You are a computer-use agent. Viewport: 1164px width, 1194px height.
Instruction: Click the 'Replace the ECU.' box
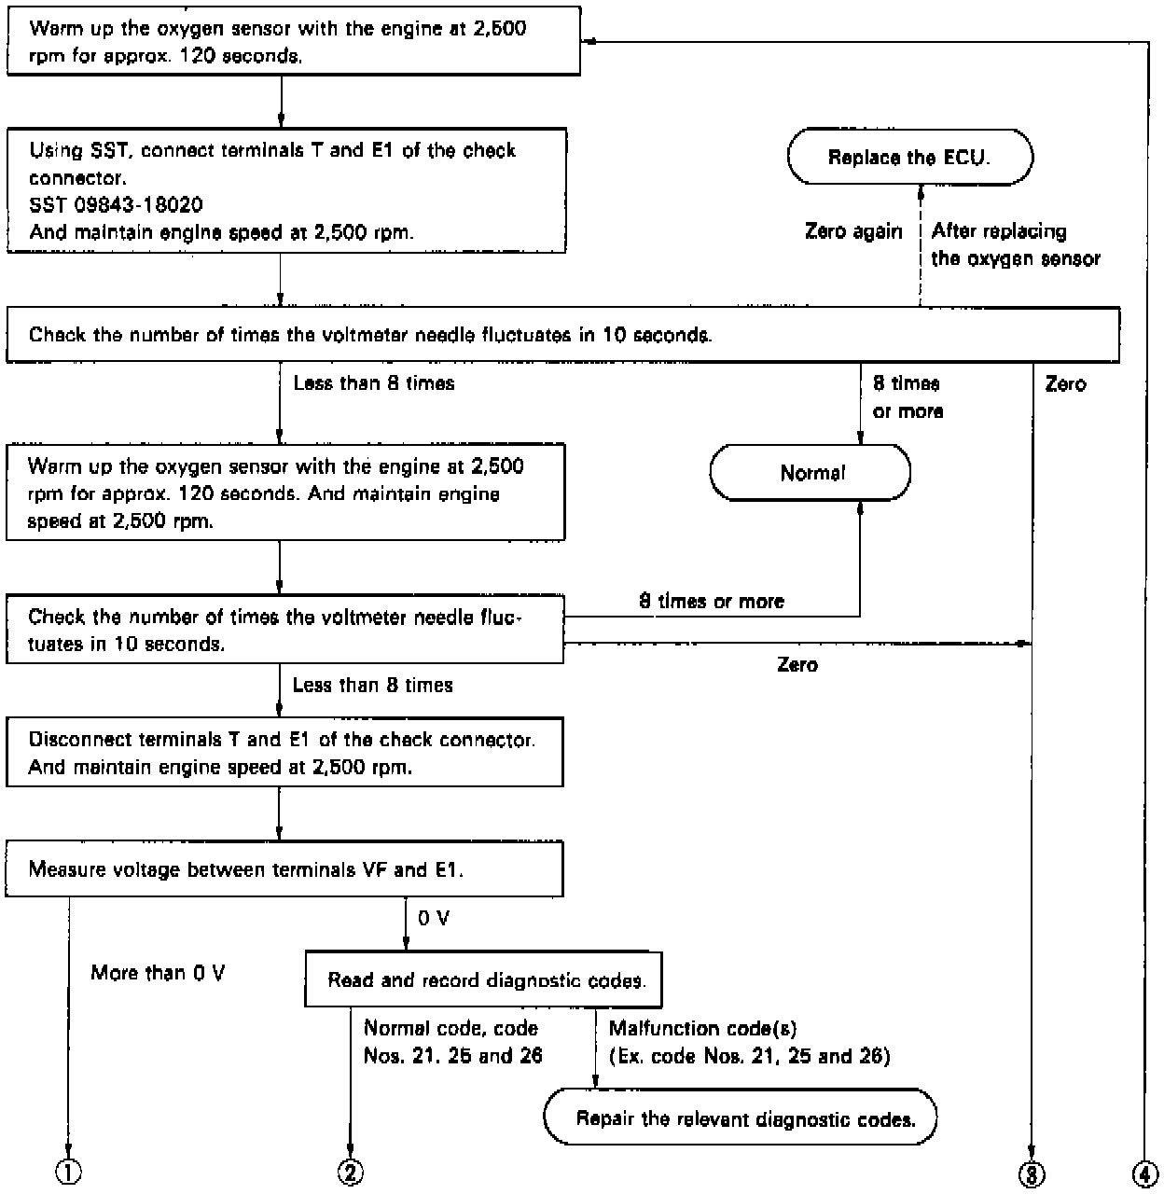click(x=909, y=157)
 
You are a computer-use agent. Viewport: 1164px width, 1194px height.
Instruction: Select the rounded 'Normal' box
click(x=811, y=473)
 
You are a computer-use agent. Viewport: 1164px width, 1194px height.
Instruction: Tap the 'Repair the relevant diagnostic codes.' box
click(x=741, y=1118)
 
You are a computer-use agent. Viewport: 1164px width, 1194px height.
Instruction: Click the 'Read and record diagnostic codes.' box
click(x=484, y=979)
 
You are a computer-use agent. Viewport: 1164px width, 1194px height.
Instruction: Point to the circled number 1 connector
click(x=69, y=1173)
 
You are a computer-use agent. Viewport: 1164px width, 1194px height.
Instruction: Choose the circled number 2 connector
click(x=349, y=1173)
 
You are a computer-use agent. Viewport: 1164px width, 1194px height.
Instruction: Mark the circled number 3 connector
click(x=1031, y=1173)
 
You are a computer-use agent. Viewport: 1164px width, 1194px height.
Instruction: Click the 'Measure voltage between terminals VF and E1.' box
click(x=284, y=869)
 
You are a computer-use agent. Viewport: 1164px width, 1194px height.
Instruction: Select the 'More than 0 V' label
click(x=158, y=973)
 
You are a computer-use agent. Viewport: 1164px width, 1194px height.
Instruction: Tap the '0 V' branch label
click(x=433, y=919)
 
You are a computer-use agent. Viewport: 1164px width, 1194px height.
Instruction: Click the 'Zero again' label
click(x=853, y=231)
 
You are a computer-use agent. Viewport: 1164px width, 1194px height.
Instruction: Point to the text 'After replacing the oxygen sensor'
click(x=1015, y=244)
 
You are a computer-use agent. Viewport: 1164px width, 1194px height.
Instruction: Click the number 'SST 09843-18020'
click(x=117, y=204)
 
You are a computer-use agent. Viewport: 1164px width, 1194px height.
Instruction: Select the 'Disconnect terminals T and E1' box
click(x=284, y=753)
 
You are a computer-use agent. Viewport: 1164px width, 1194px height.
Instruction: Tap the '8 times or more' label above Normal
click(x=907, y=397)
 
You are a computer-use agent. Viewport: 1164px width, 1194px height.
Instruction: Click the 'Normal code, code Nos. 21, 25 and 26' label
click(x=452, y=1042)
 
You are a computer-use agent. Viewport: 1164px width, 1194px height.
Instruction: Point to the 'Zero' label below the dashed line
click(x=797, y=664)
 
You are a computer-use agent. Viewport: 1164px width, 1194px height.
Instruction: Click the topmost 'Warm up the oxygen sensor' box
click(x=293, y=42)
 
